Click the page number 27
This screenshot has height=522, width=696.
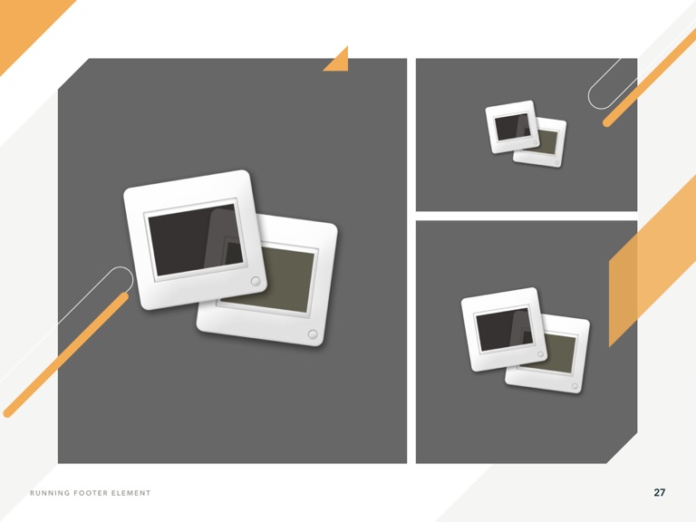[659, 492]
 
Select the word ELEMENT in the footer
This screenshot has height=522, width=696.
[130, 493]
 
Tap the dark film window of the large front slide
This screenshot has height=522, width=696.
[196, 239]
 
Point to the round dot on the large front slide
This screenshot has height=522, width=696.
[256, 281]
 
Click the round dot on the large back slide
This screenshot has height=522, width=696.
[313, 334]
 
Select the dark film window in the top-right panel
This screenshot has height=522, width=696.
[512, 127]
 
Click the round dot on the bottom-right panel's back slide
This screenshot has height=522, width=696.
[575, 386]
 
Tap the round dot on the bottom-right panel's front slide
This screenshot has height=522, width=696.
[541, 354]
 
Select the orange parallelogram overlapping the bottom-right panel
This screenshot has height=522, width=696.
[652, 261]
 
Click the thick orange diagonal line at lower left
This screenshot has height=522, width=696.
[66, 354]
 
